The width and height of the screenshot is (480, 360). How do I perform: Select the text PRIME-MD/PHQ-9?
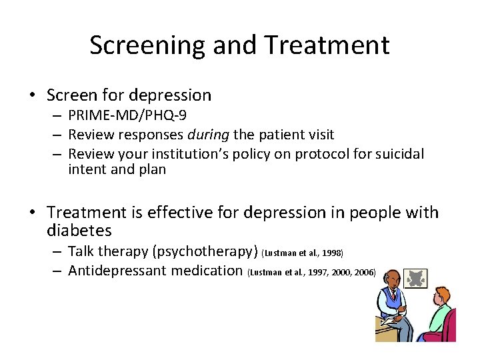click(127, 116)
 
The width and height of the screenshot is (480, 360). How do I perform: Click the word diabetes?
click(79, 231)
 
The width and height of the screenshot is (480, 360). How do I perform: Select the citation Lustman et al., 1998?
click(303, 253)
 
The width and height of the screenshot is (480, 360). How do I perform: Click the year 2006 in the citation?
click(365, 272)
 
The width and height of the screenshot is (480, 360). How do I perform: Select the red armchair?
click(446, 327)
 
